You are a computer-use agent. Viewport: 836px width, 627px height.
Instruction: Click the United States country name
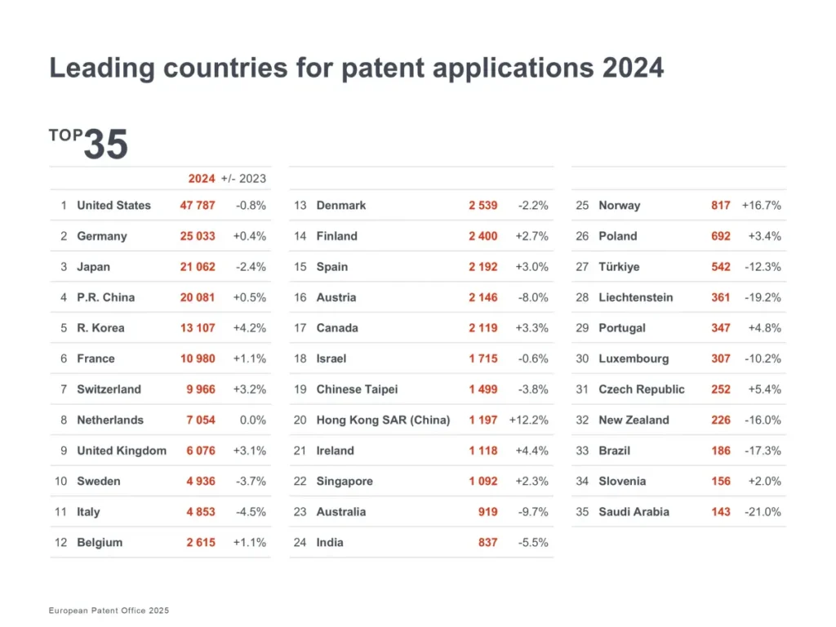tap(113, 206)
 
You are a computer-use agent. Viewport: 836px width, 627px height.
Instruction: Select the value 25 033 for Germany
tap(198, 236)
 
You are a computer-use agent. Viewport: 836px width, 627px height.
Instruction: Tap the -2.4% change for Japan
tap(251, 267)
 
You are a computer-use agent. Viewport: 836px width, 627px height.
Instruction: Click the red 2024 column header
tap(202, 178)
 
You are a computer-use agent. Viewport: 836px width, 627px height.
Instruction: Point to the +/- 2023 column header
tap(243, 178)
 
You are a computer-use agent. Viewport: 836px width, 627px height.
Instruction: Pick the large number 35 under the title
tap(106, 145)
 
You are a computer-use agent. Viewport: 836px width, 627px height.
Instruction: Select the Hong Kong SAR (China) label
tap(383, 420)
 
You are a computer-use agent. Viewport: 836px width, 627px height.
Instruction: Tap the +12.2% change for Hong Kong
tap(528, 420)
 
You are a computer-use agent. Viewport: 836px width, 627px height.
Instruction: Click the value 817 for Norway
tap(720, 206)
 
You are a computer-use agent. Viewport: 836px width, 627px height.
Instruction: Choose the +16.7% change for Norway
tap(761, 206)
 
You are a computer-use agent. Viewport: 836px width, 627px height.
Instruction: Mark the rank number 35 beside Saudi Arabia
tap(582, 512)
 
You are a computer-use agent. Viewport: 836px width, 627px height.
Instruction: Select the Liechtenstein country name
tap(636, 297)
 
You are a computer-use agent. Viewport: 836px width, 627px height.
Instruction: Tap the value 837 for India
tap(487, 543)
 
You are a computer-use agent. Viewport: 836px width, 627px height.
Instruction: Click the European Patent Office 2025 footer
tap(109, 611)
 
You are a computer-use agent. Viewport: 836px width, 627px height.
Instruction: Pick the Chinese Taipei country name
tap(357, 389)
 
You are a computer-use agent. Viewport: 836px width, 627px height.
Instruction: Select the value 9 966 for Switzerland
tap(201, 389)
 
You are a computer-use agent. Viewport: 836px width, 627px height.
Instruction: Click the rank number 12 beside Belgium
tap(60, 543)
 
